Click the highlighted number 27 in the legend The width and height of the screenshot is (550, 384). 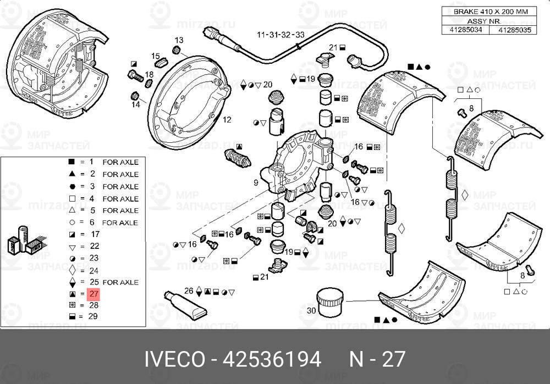click(x=93, y=294)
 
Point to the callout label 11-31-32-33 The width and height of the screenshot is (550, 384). click(x=280, y=34)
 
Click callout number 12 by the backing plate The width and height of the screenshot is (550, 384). click(x=227, y=119)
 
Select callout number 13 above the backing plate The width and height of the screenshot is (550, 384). click(x=179, y=41)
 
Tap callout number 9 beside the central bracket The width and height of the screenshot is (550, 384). click(x=256, y=182)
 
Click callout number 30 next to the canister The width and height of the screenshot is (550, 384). click(x=311, y=311)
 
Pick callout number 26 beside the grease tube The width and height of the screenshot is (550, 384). click(x=189, y=291)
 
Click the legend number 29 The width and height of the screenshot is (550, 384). click(x=93, y=317)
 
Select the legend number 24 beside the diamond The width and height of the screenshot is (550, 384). click(x=93, y=270)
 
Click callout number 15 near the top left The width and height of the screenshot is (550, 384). click(x=156, y=56)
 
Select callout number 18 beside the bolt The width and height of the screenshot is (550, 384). click(x=149, y=74)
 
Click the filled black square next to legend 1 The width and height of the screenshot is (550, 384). click(x=71, y=162)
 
